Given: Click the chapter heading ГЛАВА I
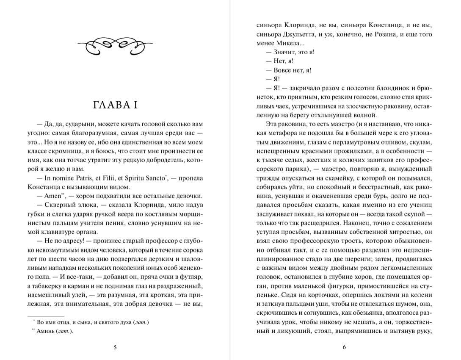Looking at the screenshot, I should coord(115,105).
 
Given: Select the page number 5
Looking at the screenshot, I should coord(115,348).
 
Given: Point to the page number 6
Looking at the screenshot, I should coord(344,348).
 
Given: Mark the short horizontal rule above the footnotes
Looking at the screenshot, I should coord(45,316).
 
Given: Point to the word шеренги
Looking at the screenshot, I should coord(373,259).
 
